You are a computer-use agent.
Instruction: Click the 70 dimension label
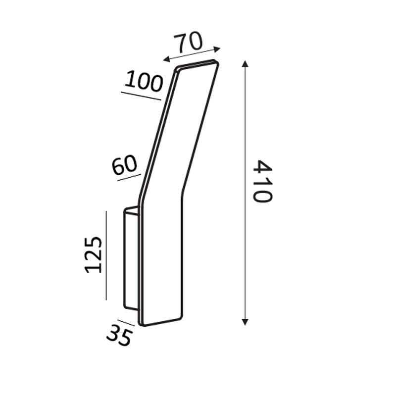point(188,42)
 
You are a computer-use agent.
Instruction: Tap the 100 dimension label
point(144,81)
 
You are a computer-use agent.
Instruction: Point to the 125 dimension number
point(93,255)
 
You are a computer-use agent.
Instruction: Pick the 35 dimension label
point(119,335)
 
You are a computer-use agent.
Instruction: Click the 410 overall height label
point(262,181)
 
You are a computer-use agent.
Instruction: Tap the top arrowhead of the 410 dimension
point(245,63)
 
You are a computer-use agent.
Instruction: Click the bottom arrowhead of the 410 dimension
point(245,322)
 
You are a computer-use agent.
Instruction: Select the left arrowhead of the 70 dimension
point(166,59)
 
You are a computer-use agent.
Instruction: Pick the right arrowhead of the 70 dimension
point(217,49)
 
